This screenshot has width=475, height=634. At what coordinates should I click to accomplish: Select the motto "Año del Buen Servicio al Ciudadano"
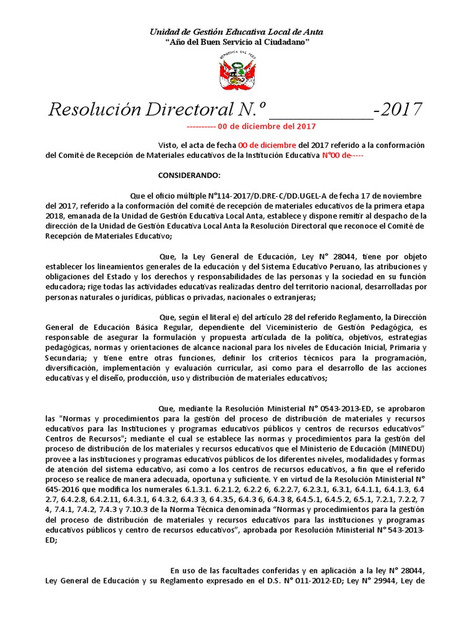point(237,41)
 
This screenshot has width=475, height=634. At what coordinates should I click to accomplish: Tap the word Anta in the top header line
point(311,32)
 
